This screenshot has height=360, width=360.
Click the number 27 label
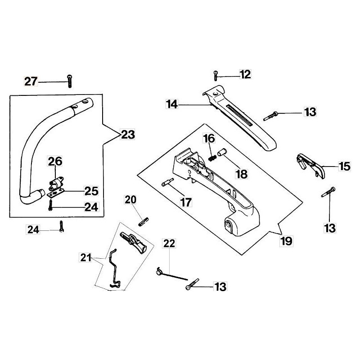point(31,81)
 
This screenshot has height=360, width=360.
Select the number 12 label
point(245,75)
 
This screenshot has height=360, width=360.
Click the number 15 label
point(344,166)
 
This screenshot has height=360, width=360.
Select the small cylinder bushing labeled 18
point(221,153)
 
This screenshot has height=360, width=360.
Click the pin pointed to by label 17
point(167,183)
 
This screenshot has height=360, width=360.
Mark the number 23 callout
point(128,134)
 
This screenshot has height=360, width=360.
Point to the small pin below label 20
point(143,221)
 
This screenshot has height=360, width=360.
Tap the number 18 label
point(241,174)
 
